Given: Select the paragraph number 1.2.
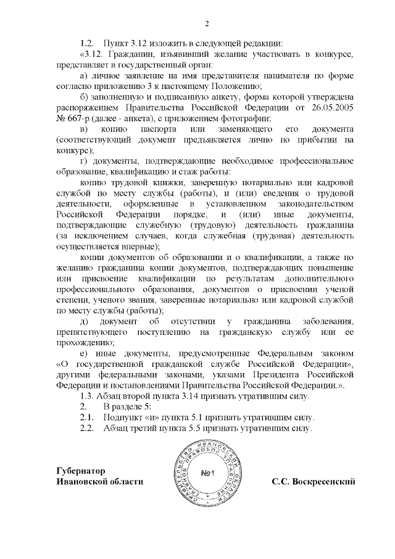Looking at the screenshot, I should click(86, 43).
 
